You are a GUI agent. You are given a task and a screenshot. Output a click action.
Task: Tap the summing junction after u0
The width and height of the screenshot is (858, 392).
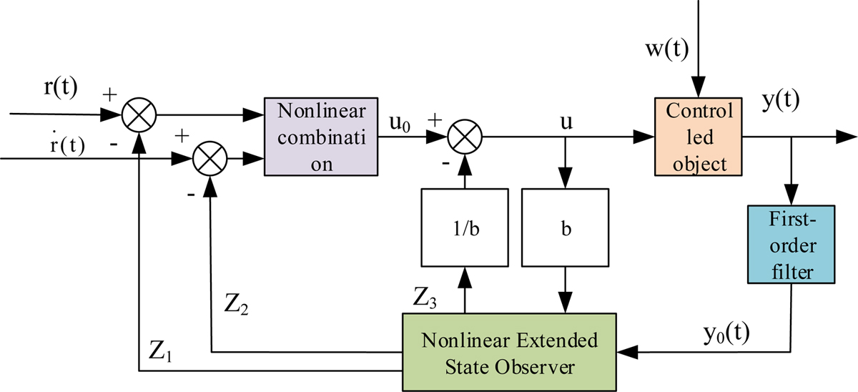point(465,134)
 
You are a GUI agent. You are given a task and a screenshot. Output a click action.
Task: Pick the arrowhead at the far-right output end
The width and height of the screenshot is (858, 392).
point(845,134)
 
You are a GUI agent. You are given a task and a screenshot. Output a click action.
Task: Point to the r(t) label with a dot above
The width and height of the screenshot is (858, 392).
point(64,145)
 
